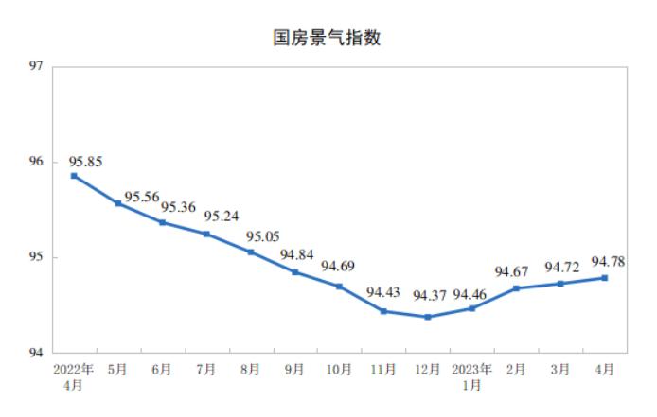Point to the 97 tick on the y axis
click(x=37, y=67)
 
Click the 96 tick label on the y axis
click(x=37, y=163)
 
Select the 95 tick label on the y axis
click(x=37, y=257)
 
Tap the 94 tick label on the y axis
click(x=37, y=353)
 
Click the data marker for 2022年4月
click(x=74, y=176)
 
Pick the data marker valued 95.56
click(x=118, y=203)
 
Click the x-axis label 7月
click(x=206, y=369)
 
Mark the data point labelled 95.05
click(x=251, y=252)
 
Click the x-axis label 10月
click(x=339, y=369)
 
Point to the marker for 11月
click(x=383, y=311)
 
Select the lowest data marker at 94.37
click(x=428, y=317)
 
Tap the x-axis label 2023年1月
click(x=472, y=376)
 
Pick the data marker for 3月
click(x=560, y=284)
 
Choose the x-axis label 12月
click(x=428, y=369)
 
